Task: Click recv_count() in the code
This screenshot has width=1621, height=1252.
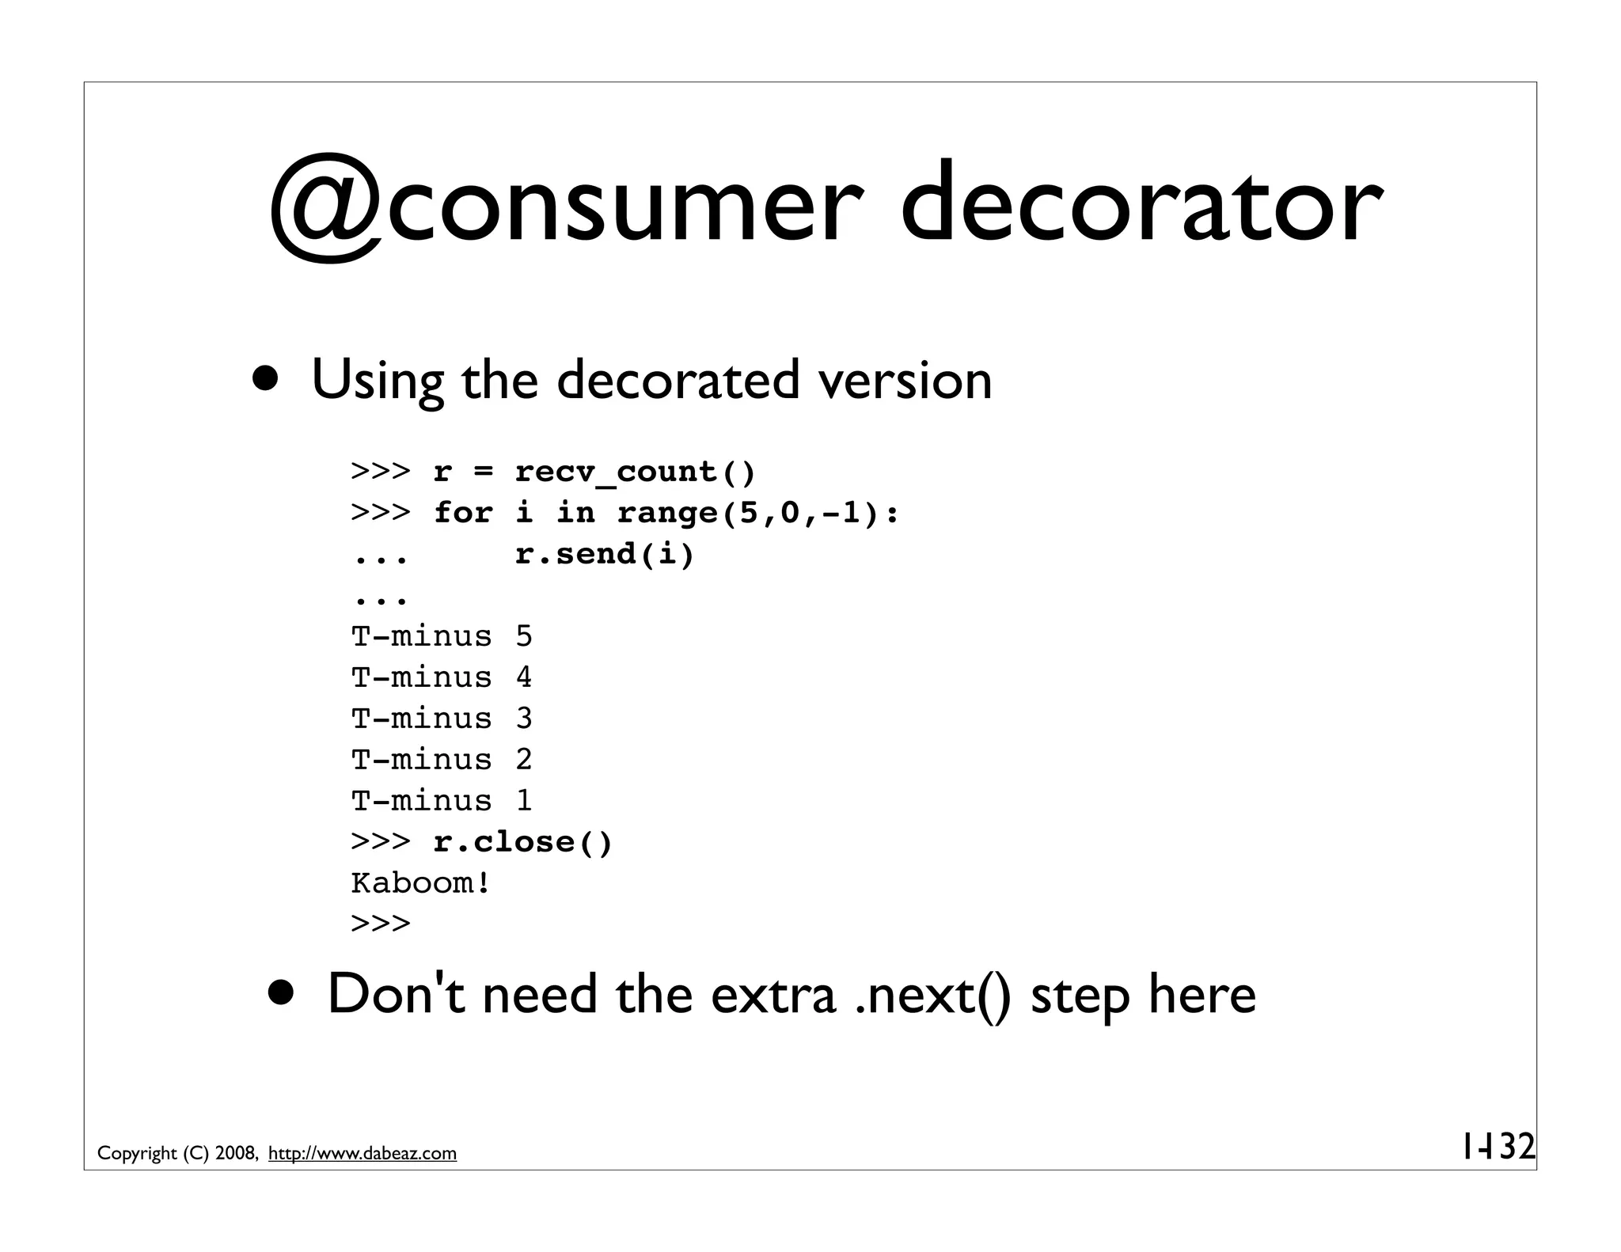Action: click(636, 472)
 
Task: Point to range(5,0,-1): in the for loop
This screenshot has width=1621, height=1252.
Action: click(758, 514)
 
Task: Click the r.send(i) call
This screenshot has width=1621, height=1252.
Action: click(604, 554)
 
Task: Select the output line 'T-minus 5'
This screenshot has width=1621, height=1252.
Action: click(442, 636)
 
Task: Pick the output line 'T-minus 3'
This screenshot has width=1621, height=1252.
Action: click(442, 719)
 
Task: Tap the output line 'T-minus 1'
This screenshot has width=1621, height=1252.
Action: click(442, 801)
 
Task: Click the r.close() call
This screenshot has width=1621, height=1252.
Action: click(523, 842)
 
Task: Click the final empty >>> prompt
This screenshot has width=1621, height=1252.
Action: click(381, 924)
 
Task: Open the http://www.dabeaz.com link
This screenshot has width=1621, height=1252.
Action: click(363, 1154)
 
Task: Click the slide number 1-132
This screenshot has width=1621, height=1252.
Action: click(1497, 1147)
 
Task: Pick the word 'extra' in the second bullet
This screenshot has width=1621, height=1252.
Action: click(773, 996)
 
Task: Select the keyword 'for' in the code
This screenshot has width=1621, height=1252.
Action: click(463, 514)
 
